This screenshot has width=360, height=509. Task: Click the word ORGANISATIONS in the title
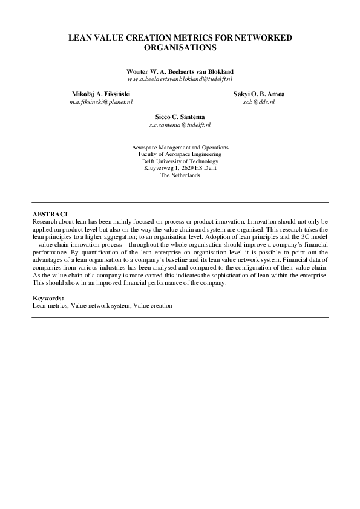tap(180, 47)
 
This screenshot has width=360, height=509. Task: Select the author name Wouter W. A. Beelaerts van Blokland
tap(180, 71)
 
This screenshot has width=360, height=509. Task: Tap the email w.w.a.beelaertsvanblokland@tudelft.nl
tap(180, 79)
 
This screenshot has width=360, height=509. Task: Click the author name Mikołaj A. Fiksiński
tap(100, 95)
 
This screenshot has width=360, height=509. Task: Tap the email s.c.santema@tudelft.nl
tap(180, 125)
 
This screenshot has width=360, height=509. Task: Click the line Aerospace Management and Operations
tap(180, 147)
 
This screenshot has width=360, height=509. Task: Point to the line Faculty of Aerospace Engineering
tap(180, 154)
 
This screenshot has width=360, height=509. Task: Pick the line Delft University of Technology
tap(180, 161)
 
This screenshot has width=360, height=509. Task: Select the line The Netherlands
tap(180, 175)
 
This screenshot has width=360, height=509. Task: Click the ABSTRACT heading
tap(50, 215)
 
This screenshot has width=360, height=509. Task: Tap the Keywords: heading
tap(48, 299)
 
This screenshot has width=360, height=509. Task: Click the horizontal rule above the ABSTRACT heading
tap(180, 202)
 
